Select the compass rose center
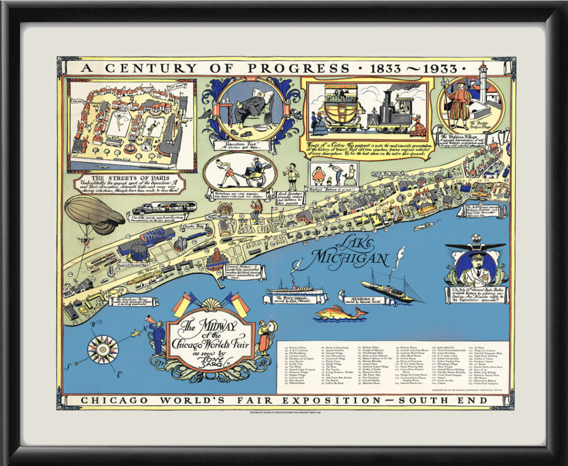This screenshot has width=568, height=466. (103, 349)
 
